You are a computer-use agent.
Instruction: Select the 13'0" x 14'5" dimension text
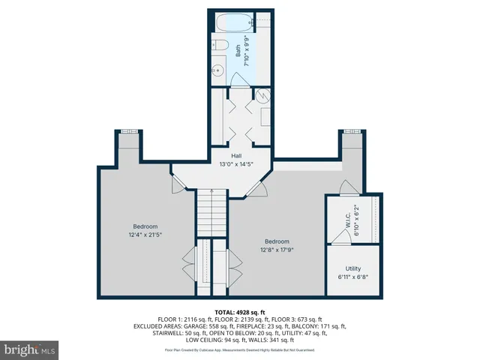(235, 164)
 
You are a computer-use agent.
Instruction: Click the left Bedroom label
(145, 226)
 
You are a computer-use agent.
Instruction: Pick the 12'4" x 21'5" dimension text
(145, 235)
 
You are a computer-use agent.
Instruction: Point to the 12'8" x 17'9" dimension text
(276, 250)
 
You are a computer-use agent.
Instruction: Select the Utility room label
(353, 268)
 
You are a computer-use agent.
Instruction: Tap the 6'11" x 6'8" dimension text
(353, 277)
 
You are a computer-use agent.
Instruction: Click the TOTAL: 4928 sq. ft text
(239, 311)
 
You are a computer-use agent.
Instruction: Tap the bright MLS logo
(30, 349)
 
